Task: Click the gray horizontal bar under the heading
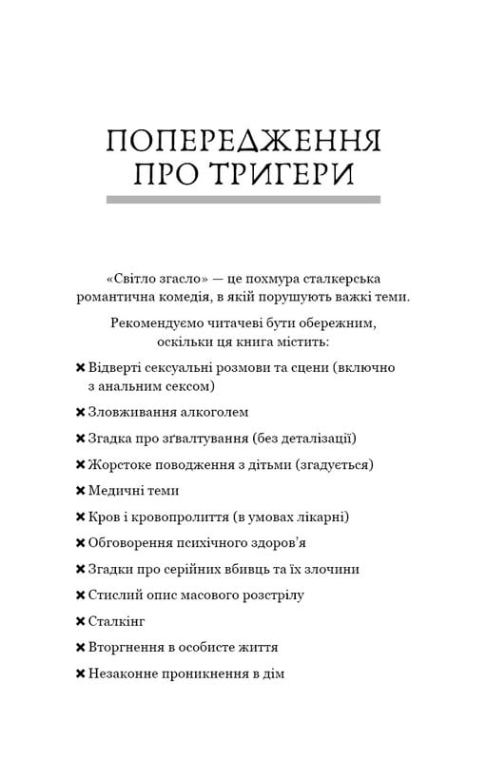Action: pyautogui.click(x=243, y=200)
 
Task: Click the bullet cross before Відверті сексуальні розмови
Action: pyautogui.click(x=80, y=367)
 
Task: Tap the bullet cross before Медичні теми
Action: pyautogui.click(x=80, y=491)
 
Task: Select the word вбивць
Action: pyautogui.click(x=242, y=569)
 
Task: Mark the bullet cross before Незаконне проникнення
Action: pyautogui.click(x=80, y=673)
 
